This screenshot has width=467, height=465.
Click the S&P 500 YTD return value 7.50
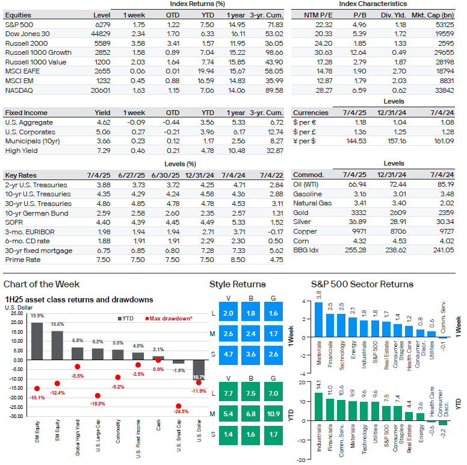[x=207, y=25]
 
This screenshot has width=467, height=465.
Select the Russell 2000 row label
[x=26, y=43]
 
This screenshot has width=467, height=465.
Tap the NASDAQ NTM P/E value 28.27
[x=324, y=90]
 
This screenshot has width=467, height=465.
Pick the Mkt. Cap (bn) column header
[x=433, y=15]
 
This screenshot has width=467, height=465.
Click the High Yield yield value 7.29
[x=104, y=151]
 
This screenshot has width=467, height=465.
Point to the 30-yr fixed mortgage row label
[x=39, y=251]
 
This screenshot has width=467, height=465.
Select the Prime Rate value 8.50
[x=238, y=260]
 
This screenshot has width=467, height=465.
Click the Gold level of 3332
[x=358, y=213]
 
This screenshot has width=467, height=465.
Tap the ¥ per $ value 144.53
[x=356, y=141]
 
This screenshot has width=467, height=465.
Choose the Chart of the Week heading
[x=42, y=284]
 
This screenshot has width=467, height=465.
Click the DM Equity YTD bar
[x=37, y=342]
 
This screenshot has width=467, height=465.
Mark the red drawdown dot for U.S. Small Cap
[x=178, y=406]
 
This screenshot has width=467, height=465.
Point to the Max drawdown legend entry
[x=169, y=319]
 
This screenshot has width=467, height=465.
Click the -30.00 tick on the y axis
[x=17, y=416]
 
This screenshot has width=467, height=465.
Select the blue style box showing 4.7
[x=228, y=354]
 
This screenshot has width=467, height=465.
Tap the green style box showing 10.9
[x=273, y=414]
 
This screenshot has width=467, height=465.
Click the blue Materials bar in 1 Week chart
[x=319, y=320]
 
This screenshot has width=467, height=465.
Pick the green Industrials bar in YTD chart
[x=319, y=407]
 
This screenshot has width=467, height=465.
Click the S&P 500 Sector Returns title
[x=362, y=284]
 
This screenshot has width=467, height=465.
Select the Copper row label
[x=305, y=232]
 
